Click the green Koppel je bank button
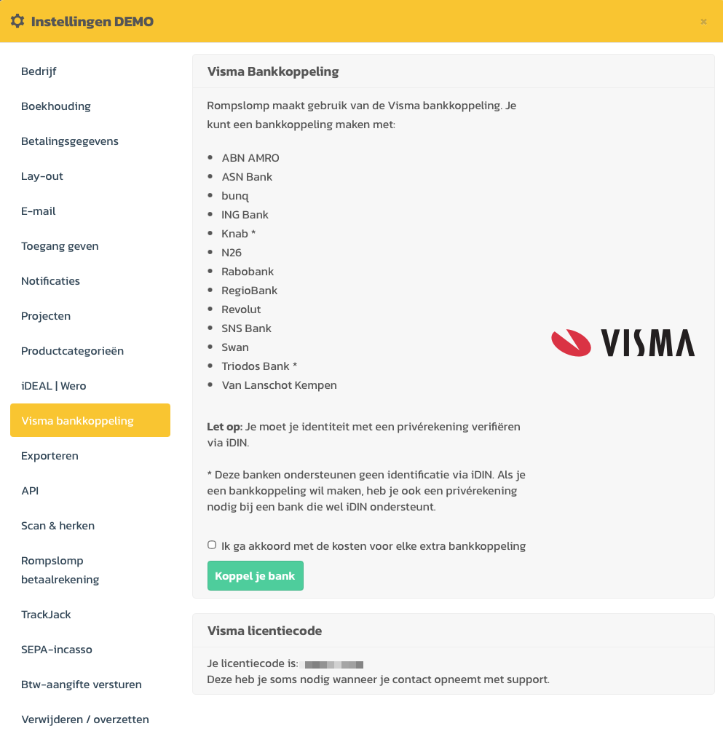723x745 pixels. tap(255, 575)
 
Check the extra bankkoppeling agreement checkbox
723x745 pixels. tap(212, 545)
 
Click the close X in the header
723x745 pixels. tap(703, 22)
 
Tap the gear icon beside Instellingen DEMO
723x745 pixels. tap(17, 21)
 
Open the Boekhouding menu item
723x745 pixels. tap(56, 106)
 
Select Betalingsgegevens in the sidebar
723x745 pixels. tap(70, 141)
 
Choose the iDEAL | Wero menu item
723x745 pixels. tap(54, 386)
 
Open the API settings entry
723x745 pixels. tap(30, 491)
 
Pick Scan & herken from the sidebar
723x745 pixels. tap(58, 526)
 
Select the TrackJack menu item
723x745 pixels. tap(47, 615)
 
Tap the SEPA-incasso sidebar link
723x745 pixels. tap(57, 650)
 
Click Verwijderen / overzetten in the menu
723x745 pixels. tap(85, 720)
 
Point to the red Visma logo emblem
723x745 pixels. tap(571, 342)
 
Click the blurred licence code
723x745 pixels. tap(334, 665)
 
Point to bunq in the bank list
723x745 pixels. tap(236, 196)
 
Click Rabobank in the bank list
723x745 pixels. tap(248, 272)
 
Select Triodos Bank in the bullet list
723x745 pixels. tap(256, 366)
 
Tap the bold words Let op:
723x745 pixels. tap(225, 427)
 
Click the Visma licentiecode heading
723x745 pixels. tap(264, 631)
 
